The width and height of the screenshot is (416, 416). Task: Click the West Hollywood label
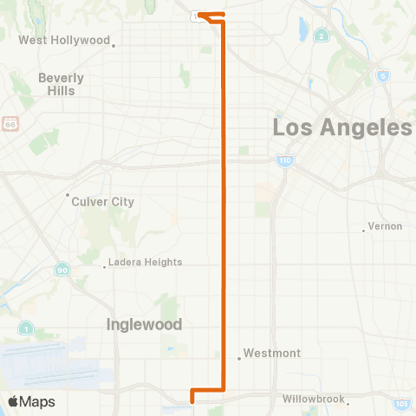pyautogui.click(x=64, y=41)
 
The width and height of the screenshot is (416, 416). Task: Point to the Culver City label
pyautogui.click(x=104, y=201)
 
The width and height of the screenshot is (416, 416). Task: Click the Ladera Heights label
pyautogui.click(x=144, y=262)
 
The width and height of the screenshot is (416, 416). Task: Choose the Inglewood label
pyautogui.click(x=144, y=324)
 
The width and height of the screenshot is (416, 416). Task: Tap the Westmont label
pyautogui.click(x=272, y=353)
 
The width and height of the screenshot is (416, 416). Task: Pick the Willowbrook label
pyautogui.click(x=313, y=400)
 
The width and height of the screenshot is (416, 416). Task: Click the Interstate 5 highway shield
pyautogui.click(x=382, y=75)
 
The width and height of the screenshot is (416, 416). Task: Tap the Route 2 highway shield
pyautogui.click(x=322, y=36)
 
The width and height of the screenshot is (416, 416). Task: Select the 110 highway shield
pyautogui.click(x=284, y=160)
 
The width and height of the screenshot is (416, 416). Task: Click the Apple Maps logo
pyautogui.click(x=31, y=401)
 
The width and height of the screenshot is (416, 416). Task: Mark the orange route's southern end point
pyautogui.click(x=192, y=400)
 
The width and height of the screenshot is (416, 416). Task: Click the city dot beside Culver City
pyautogui.click(x=68, y=195)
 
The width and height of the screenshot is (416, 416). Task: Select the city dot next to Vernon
pyautogui.click(x=363, y=230)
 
